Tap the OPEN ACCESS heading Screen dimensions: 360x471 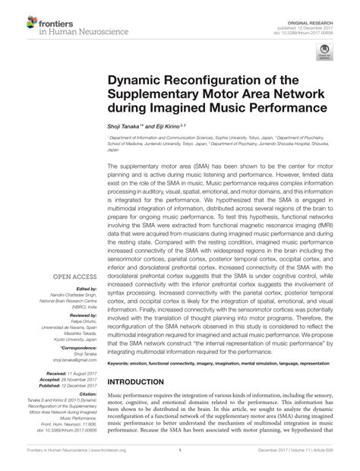click(x=74, y=277)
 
